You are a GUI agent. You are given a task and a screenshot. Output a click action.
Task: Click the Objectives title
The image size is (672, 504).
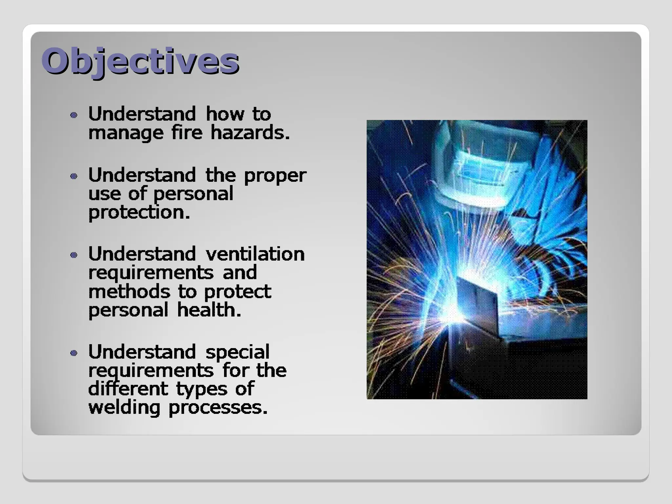pyautogui.click(x=140, y=61)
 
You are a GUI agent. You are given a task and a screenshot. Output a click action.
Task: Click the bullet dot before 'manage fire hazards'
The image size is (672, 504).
pyautogui.click(x=74, y=115)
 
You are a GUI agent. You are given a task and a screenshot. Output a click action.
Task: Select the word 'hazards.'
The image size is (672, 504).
pyautogui.click(x=250, y=133)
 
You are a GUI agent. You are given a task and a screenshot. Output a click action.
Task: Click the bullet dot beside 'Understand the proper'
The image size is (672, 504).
pyautogui.click(x=74, y=176)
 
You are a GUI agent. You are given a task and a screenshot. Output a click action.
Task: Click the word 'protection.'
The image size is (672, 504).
pyautogui.click(x=139, y=213)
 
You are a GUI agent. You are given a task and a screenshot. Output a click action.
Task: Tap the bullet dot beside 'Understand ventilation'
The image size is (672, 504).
pyautogui.click(x=74, y=255)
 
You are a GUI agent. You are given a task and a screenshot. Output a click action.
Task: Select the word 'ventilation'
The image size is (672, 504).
pyautogui.click(x=255, y=254)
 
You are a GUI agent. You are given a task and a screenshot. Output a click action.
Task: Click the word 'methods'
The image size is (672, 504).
pyautogui.click(x=129, y=292)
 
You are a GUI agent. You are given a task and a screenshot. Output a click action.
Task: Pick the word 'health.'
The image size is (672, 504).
pyautogui.click(x=209, y=310)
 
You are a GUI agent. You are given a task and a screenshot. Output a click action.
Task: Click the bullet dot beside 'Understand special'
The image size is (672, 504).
pyautogui.click(x=74, y=353)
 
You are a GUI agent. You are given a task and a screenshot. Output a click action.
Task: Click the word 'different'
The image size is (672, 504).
pyautogui.click(x=128, y=389)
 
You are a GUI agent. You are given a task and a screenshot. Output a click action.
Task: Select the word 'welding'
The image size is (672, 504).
pyautogui.click(x=124, y=408)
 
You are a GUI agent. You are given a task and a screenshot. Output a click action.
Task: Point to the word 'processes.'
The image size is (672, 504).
pyautogui.click(x=218, y=408)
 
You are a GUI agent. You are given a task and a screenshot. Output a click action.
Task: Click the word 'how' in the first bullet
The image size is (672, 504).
pyautogui.click(x=225, y=115)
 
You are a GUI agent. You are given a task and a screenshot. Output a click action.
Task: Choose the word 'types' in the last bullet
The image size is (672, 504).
pyautogui.click(x=201, y=390)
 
